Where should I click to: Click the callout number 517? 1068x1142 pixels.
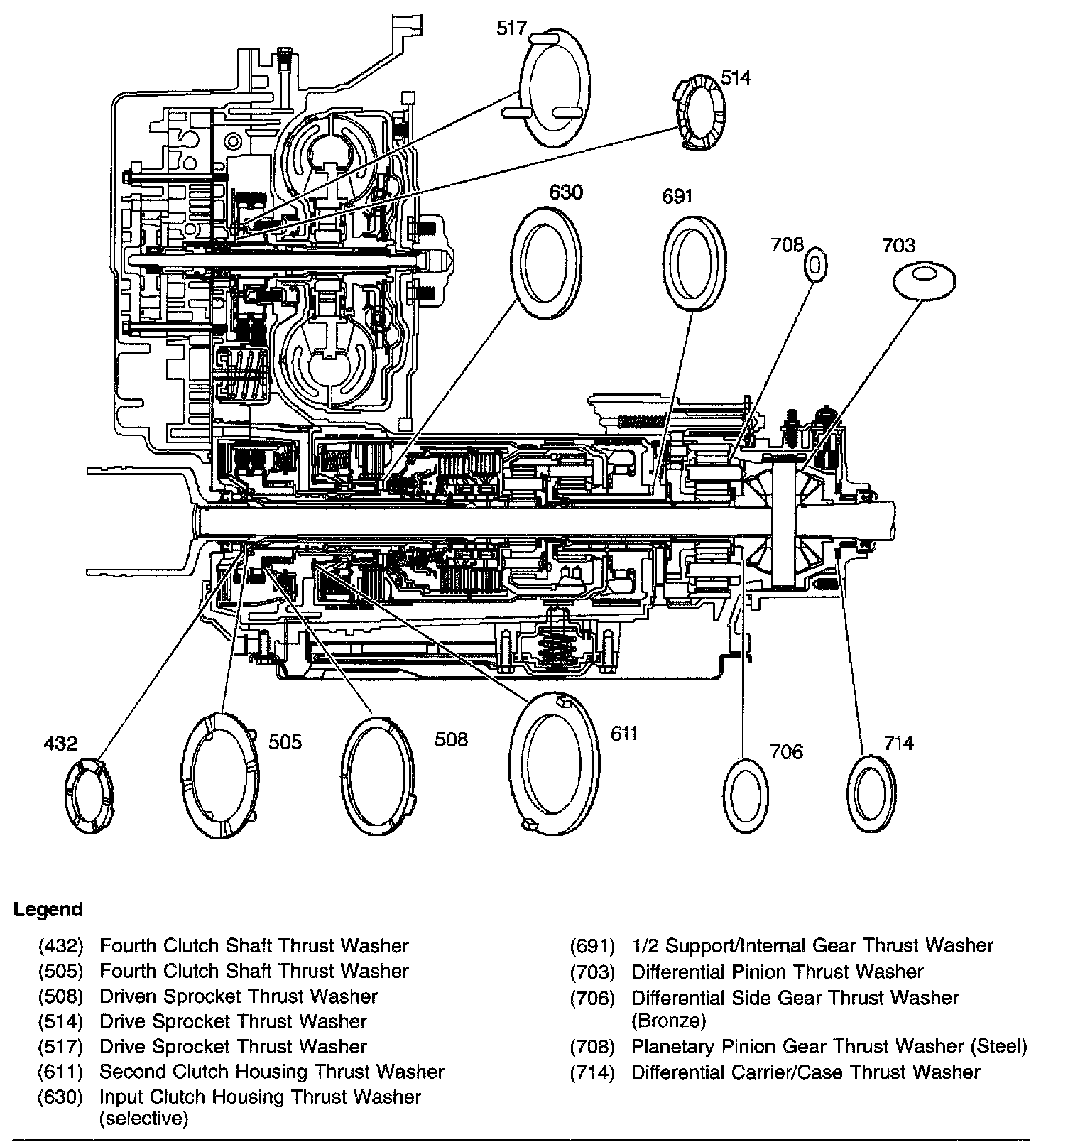coord(511,28)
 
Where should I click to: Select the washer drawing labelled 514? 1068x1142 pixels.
coord(697,113)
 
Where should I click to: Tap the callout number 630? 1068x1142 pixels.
coord(566,192)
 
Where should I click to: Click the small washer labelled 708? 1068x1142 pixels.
coord(815,265)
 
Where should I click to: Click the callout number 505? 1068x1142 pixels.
coord(285,741)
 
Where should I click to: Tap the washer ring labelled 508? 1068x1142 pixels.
coord(378,775)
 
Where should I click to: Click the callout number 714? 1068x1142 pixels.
coord(898,743)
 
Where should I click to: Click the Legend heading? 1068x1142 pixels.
coord(48,909)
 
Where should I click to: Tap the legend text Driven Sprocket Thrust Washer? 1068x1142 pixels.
coord(238,996)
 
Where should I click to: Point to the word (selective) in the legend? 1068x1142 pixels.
coord(143,1119)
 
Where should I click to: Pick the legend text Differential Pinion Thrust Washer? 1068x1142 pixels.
coord(778,972)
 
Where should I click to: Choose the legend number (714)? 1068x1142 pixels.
coord(592,1072)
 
